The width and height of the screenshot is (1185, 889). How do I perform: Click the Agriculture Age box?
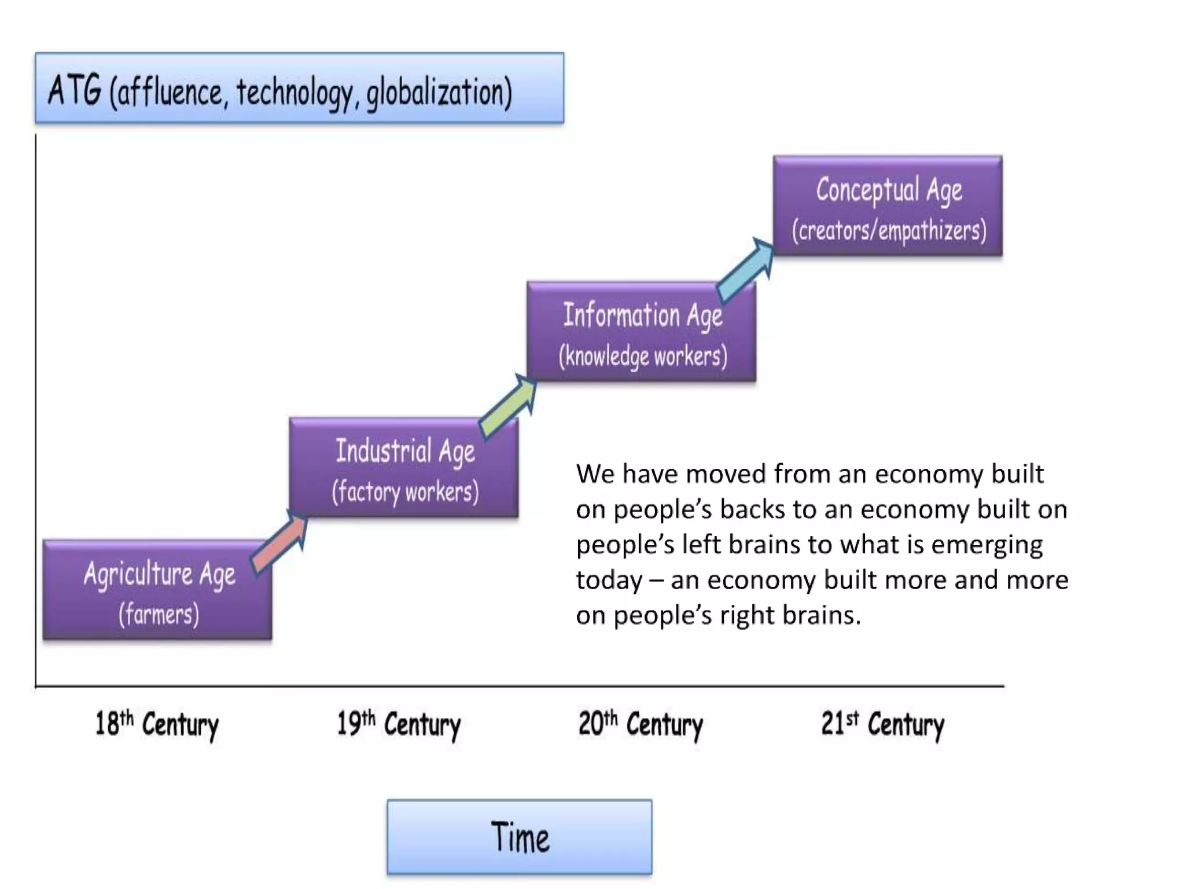tap(157, 589)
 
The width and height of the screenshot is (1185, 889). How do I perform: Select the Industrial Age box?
tap(404, 466)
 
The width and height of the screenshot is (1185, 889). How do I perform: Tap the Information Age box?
tap(641, 332)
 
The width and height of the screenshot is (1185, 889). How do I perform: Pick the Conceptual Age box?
tap(888, 205)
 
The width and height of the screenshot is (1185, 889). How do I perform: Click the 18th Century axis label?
tap(157, 725)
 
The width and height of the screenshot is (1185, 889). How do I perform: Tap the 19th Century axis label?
tap(399, 725)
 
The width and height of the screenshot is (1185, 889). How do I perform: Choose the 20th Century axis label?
tap(641, 725)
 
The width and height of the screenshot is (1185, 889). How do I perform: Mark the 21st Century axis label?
tap(882, 725)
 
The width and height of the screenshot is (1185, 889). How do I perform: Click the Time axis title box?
tap(520, 837)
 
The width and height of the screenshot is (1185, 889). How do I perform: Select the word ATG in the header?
tap(75, 90)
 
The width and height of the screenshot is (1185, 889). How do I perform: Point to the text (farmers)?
tap(159, 614)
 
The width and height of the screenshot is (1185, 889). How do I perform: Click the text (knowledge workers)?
tap(643, 356)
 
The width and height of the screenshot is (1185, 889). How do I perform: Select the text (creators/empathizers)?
tap(889, 230)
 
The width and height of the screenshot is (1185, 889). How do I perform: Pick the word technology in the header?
tap(295, 93)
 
